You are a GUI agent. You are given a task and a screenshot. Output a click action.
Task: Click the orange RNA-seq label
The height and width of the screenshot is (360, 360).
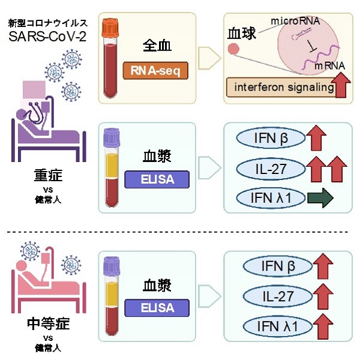(x=155, y=71)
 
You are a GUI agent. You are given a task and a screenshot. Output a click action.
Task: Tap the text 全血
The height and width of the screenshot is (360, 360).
(x=158, y=46)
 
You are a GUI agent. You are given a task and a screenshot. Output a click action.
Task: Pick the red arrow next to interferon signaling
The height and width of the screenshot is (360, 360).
(x=342, y=85)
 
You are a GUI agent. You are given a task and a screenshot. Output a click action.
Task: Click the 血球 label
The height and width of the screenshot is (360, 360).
(x=242, y=34)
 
